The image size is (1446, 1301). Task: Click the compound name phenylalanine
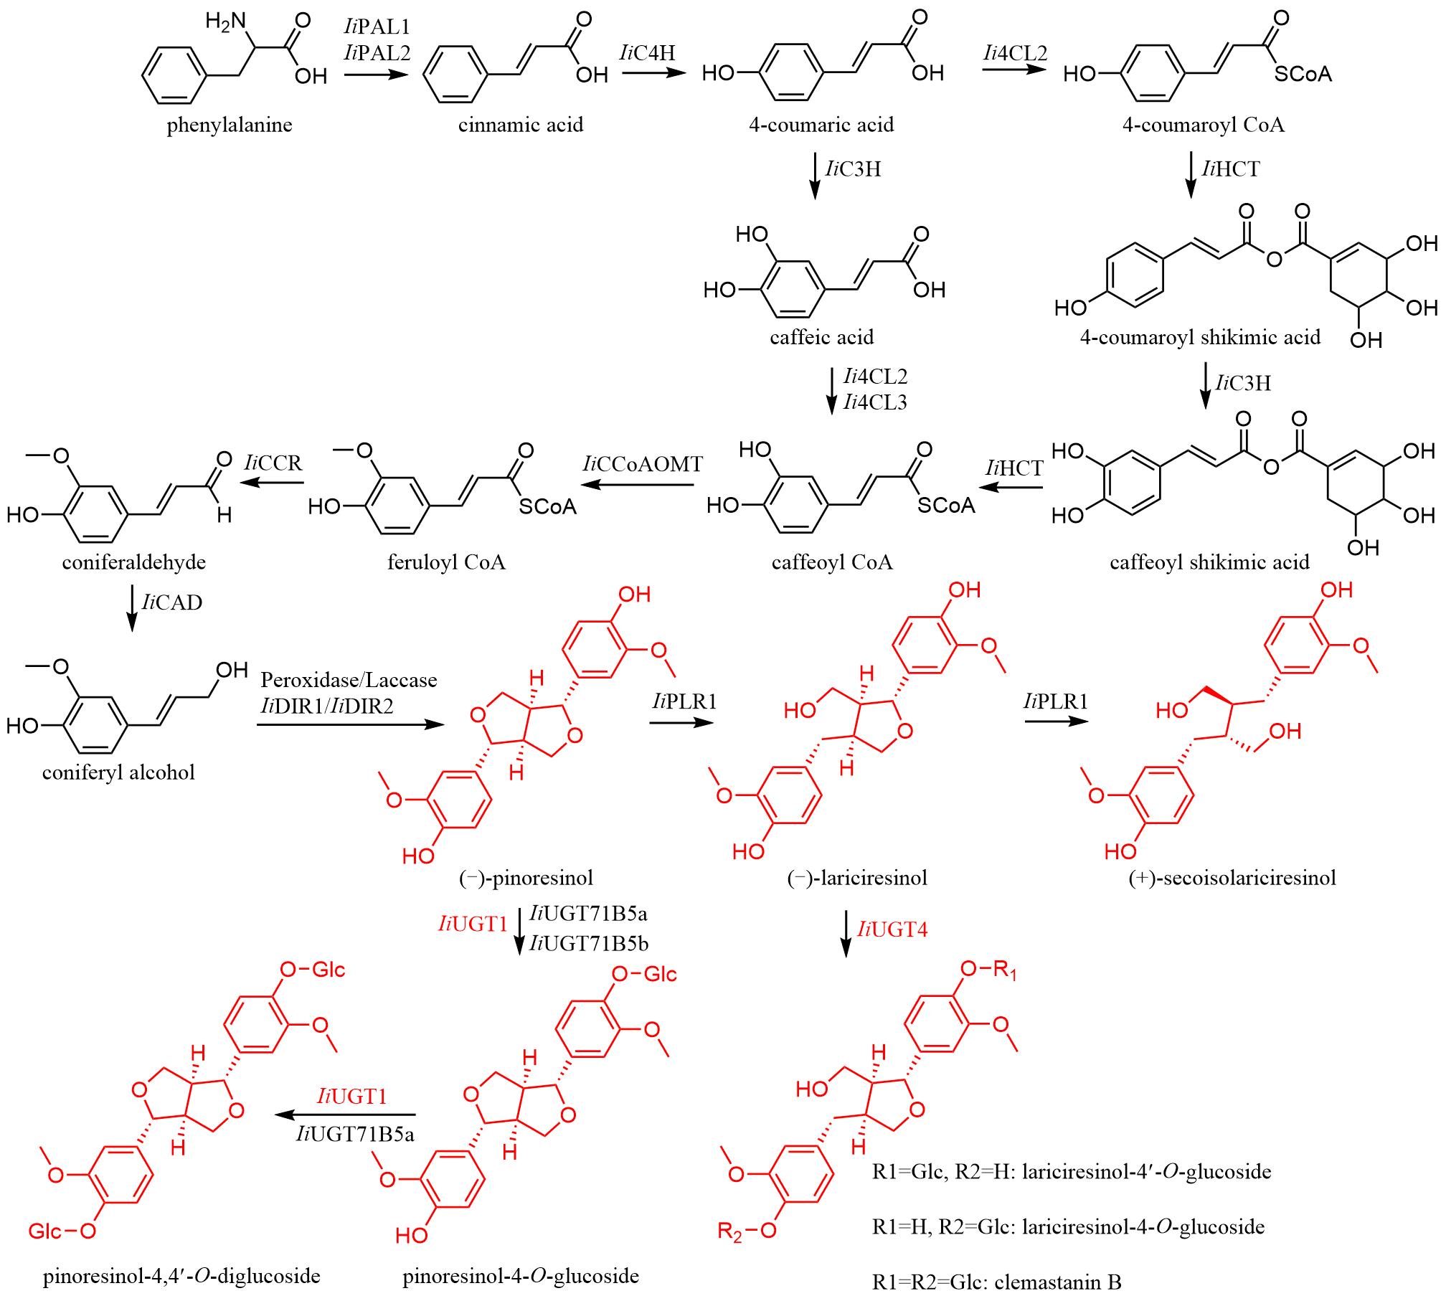pos(230,126)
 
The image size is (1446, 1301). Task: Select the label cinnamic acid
pos(521,126)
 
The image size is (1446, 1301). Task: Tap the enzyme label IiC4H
pos(648,52)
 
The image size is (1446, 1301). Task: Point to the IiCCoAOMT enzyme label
pos(643,464)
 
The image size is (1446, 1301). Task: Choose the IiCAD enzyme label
pos(172,602)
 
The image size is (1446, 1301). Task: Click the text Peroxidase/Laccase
pos(349,680)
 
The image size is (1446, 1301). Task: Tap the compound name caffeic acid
pos(822,337)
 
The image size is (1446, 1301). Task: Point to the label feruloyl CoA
pos(446,562)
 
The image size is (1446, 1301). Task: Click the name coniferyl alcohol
pos(118,772)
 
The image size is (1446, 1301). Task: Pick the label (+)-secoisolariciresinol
pos(1232,878)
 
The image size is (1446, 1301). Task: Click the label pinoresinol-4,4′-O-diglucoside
pos(181,1276)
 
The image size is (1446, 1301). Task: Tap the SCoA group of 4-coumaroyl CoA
pos(1303,74)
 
